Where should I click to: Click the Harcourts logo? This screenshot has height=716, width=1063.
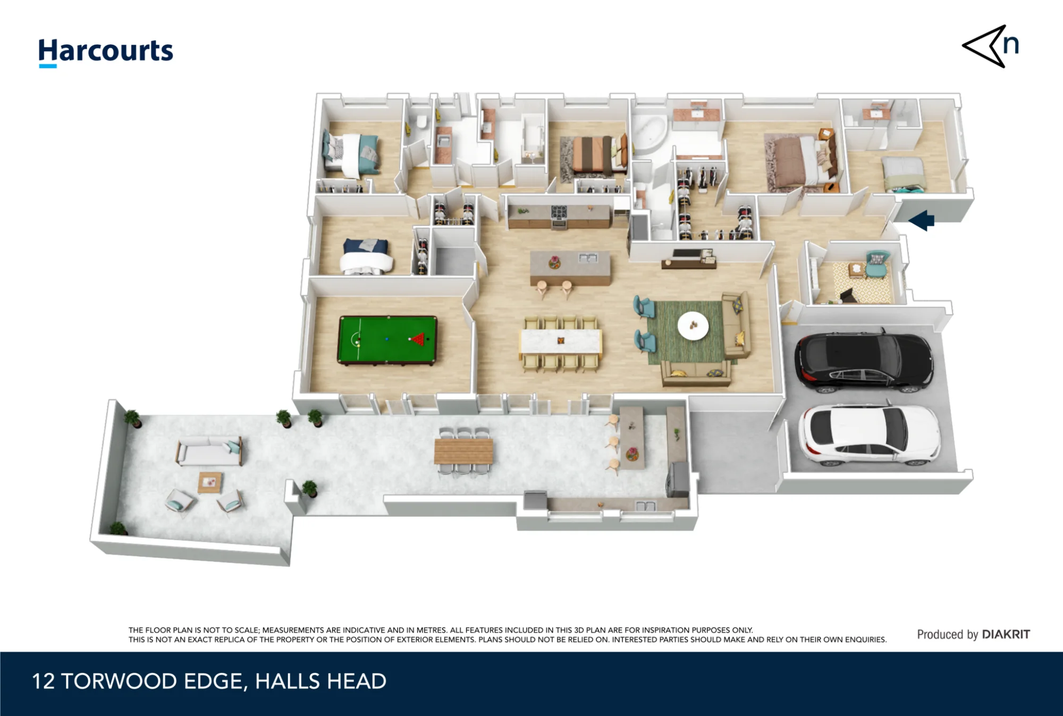[106, 53]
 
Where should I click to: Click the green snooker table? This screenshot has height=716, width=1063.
[387, 340]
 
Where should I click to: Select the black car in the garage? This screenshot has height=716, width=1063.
[864, 362]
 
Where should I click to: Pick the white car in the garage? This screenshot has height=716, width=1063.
[870, 435]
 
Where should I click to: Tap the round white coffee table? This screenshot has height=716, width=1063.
[693, 325]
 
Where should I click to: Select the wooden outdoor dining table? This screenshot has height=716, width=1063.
[463, 451]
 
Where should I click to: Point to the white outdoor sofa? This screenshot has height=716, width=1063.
[209, 450]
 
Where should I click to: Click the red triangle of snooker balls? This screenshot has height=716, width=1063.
[418, 339]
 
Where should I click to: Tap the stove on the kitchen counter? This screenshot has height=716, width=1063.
[559, 212]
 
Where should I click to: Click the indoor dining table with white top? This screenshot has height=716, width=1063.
[561, 341]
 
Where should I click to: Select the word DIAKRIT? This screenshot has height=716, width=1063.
[1006, 634]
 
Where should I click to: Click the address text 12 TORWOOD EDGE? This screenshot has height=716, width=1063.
[138, 681]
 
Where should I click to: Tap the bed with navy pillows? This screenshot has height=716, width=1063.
[366, 257]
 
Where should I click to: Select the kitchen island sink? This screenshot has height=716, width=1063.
[588, 258]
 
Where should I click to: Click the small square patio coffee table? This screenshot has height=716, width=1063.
[210, 482]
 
